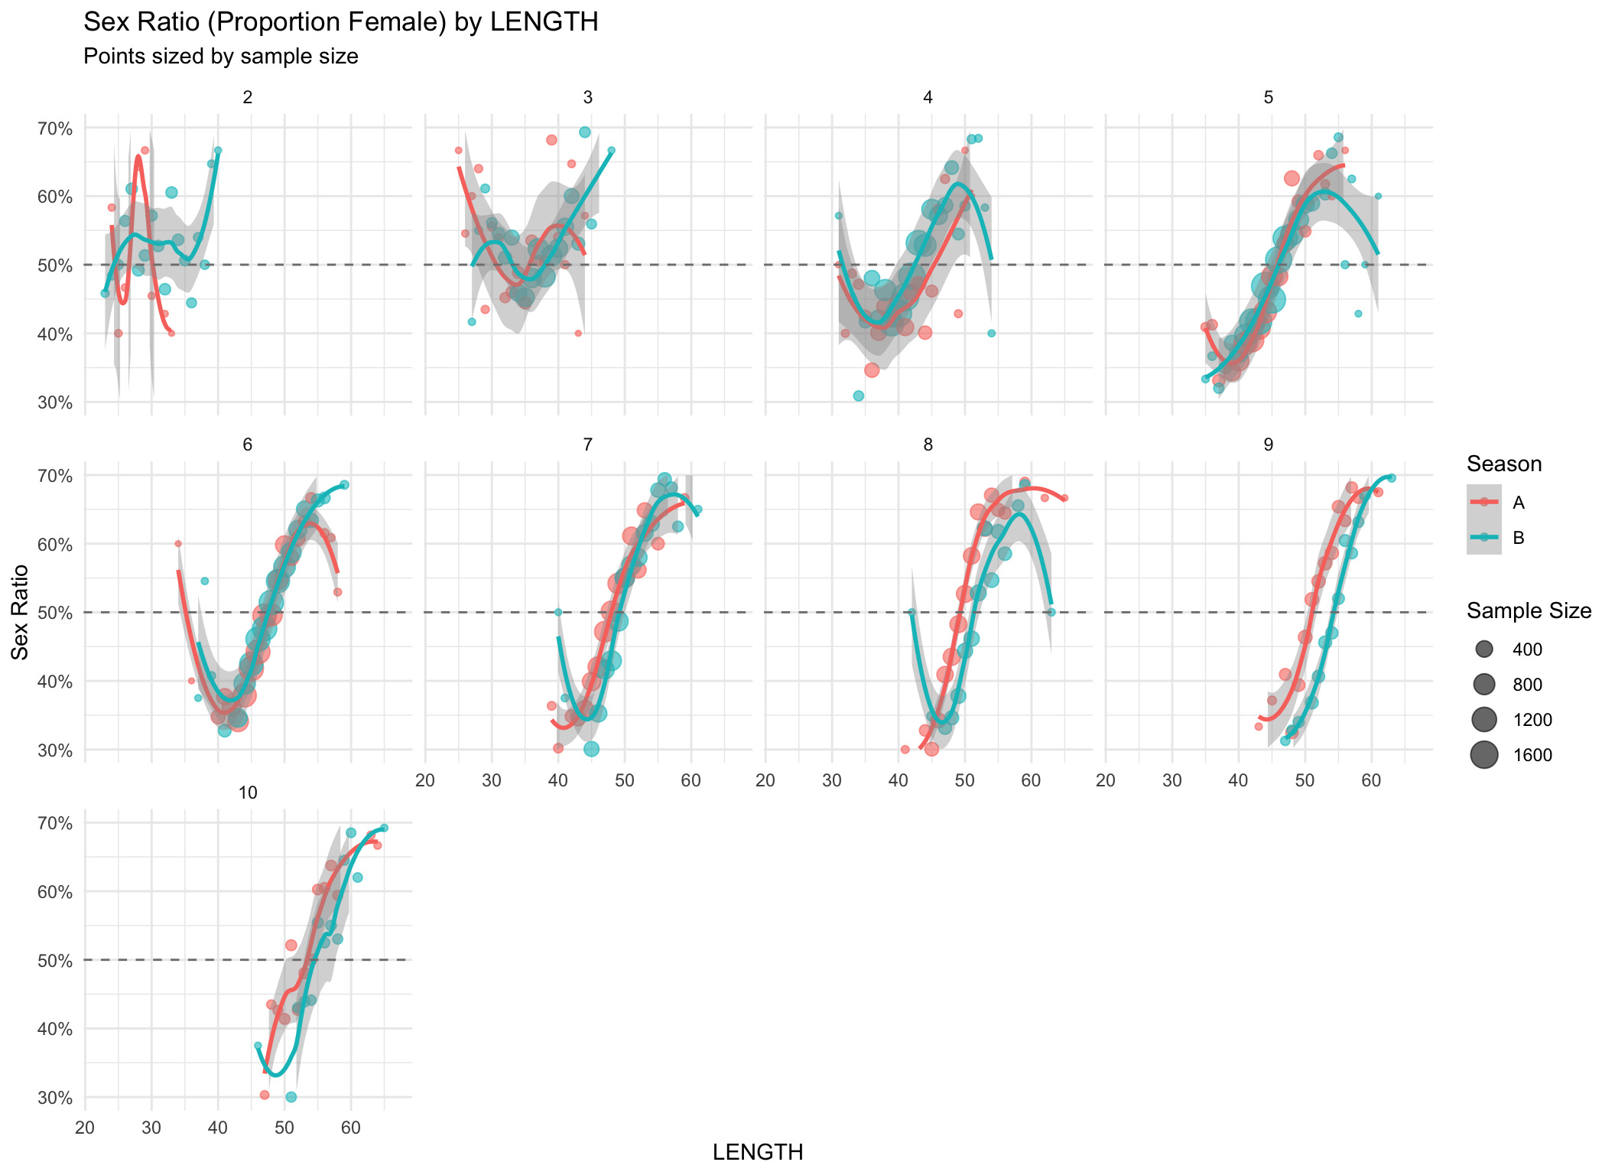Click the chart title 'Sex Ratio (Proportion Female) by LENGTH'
[340, 22]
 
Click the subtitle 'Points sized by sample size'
[220, 57]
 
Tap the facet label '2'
[248, 97]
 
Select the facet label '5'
[1269, 97]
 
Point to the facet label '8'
[928, 445]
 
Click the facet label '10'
[248, 793]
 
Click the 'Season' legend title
[1503, 464]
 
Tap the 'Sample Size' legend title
[1529, 610]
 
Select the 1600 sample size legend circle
[1484, 755]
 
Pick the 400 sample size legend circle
[1484, 649]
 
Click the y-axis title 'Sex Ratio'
[21, 612]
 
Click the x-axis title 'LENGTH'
[758, 1152]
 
